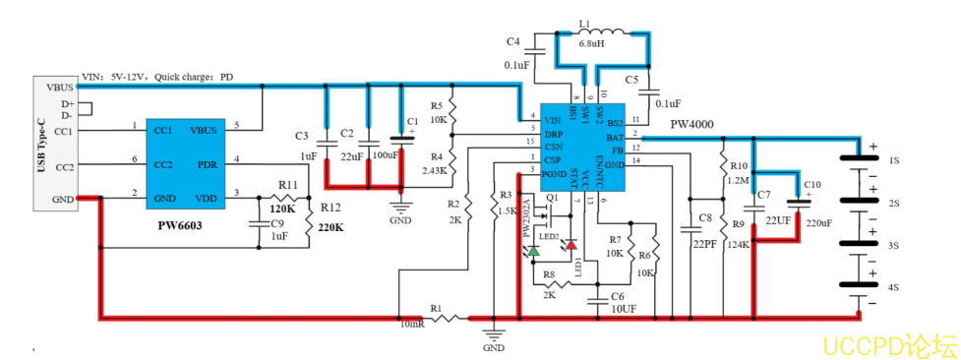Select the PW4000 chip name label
pyautogui.click(x=691, y=125)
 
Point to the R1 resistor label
pyautogui.click(x=436, y=308)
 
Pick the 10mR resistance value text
pyautogui.click(x=413, y=324)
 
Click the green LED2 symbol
pyautogui.click(x=533, y=252)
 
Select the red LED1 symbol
pyautogui.click(x=571, y=244)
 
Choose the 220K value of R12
pyautogui.click(x=330, y=228)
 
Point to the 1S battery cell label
pyautogui.click(x=894, y=159)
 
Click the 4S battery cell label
pyautogui.click(x=894, y=288)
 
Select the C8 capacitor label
pyautogui.click(x=704, y=216)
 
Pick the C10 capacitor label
pyautogui.click(x=812, y=185)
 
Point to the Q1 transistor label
pyautogui.click(x=553, y=198)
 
